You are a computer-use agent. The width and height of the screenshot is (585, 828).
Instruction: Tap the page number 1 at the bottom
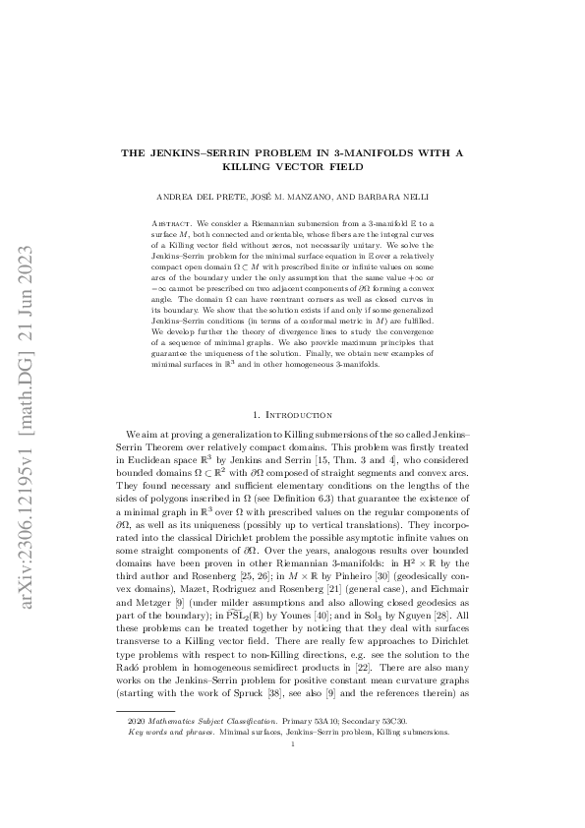[x=292, y=799]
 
